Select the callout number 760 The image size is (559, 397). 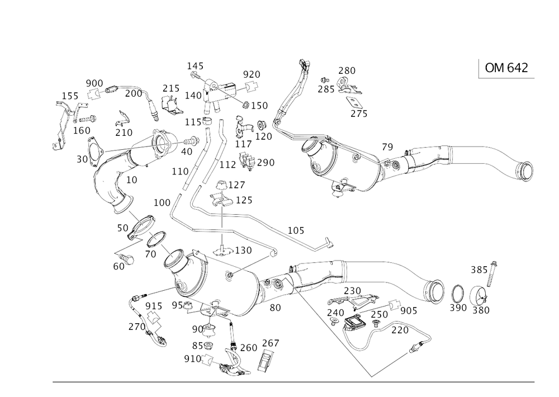[x=248, y=346]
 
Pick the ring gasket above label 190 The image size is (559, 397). [x=457, y=293]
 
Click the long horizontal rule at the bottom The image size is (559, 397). [x=293, y=382]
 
